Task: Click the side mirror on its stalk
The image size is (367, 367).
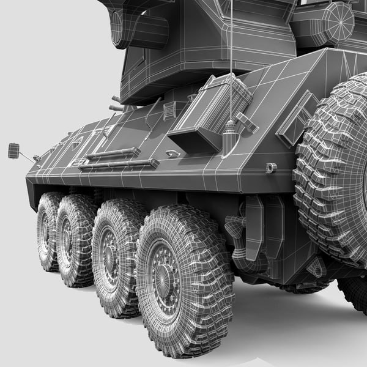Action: tap(13, 150)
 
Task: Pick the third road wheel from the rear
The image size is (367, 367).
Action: tap(75, 240)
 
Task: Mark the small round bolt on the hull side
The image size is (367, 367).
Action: tap(271, 168)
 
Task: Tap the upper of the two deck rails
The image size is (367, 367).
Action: tap(113, 154)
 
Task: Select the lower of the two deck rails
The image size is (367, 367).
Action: tap(119, 165)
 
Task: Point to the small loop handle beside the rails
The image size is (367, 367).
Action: tap(173, 154)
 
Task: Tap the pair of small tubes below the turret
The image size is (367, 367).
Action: tap(117, 103)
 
